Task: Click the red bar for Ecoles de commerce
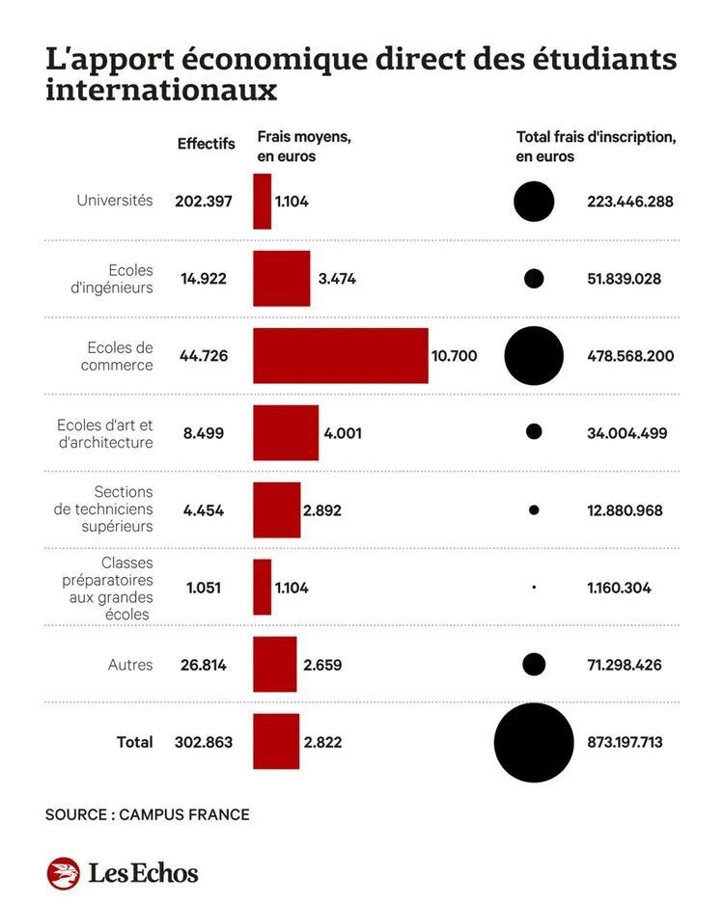click(340, 356)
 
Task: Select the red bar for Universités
click(262, 202)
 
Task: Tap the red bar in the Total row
click(276, 742)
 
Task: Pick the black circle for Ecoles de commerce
click(534, 356)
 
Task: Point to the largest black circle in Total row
click(534, 742)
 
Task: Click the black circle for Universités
click(534, 202)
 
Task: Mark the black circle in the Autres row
click(534, 665)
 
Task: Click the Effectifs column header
click(206, 144)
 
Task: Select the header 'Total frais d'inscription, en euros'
click(596, 147)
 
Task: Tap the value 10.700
click(454, 356)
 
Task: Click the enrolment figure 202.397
click(204, 202)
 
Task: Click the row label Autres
click(130, 665)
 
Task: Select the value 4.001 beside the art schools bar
click(343, 433)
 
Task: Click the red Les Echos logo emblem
click(63, 873)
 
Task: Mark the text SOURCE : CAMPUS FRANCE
click(147, 815)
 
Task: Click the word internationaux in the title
click(161, 91)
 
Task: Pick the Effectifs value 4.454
click(203, 510)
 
